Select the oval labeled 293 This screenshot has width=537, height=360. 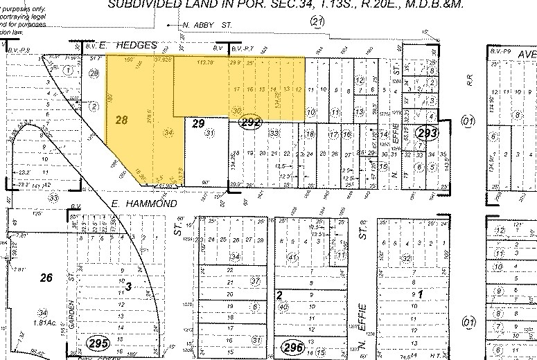(x=425, y=132)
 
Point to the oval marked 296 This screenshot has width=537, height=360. (x=291, y=345)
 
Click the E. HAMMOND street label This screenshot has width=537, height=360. (x=139, y=204)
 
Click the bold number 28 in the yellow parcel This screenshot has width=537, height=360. (x=122, y=120)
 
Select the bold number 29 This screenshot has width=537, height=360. (x=199, y=123)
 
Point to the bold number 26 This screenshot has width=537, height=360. (x=46, y=278)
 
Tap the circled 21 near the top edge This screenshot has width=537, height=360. (x=318, y=22)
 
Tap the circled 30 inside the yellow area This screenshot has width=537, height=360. (x=236, y=110)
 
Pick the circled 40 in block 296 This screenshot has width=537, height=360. (x=283, y=305)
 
